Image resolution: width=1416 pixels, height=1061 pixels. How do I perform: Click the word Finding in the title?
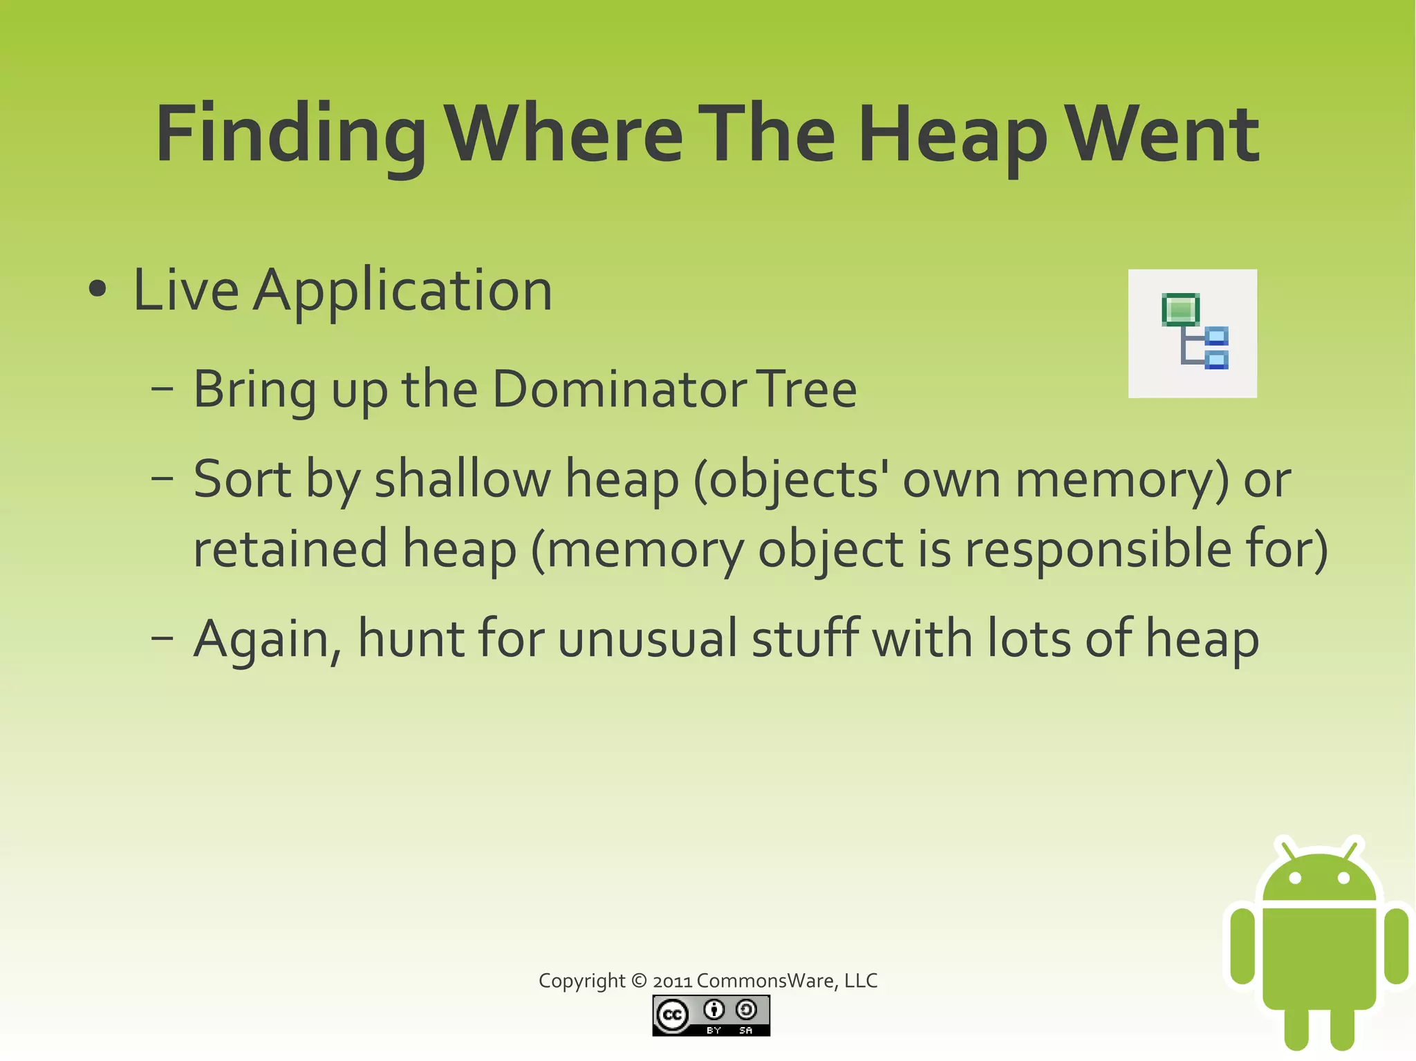click(x=291, y=135)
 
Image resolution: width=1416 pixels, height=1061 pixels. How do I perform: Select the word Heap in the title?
click(x=952, y=135)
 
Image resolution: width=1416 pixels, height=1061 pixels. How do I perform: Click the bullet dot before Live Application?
click(x=97, y=290)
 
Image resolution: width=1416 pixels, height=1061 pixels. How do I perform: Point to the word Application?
click(x=402, y=290)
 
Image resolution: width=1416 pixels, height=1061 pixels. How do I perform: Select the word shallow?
click(x=463, y=478)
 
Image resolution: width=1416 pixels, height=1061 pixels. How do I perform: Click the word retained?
click(x=290, y=549)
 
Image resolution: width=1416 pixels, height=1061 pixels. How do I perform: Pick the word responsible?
click(x=1098, y=549)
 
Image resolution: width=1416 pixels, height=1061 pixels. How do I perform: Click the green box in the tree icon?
click(x=1180, y=309)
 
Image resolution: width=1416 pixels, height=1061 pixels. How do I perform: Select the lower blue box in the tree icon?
click(x=1216, y=359)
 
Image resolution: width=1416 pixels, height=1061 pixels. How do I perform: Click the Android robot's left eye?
click(x=1295, y=878)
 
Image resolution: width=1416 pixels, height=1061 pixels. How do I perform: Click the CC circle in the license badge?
click(x=672, y=1015)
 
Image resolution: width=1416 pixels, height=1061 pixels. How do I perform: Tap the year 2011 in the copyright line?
click(x=672, y=981)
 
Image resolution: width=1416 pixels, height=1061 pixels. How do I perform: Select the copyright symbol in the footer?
click(x=639, y=981)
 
